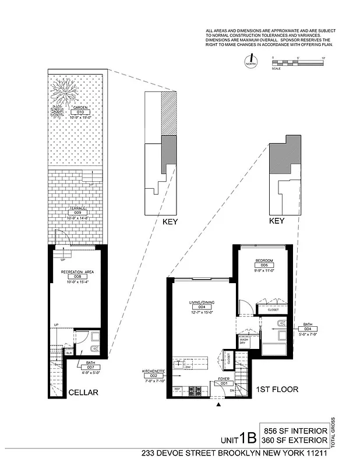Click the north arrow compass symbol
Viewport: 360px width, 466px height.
pyautogui.click(x=251, y=59)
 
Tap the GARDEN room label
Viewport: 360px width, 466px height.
pyautogui.click(x=80, y=108)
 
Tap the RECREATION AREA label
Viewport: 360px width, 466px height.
pyautogui.click(x=77, y=272)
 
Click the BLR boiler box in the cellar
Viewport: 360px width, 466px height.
pyautogui.click(x=69, y=353)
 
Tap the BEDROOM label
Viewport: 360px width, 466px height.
pyautogui.click(x=264, y=260)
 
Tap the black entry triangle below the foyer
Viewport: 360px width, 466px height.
pyautogui.click(x=218, y=403)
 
